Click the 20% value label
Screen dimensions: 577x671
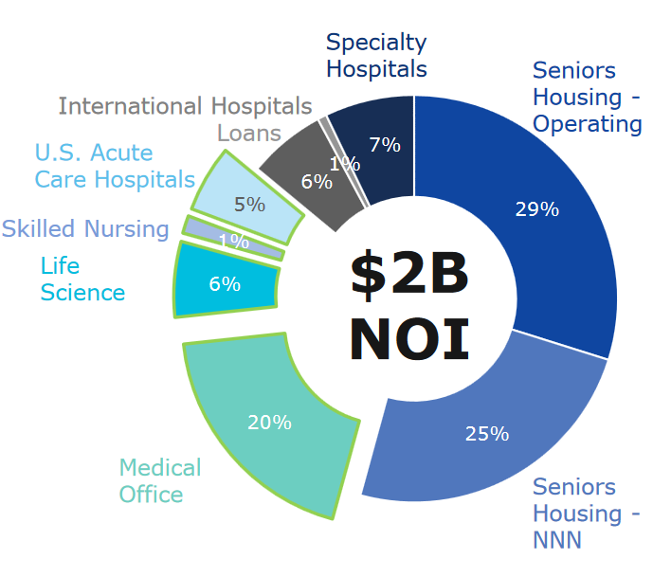click(x=269, y=423)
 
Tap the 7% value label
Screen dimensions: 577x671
click(x=385, y=145)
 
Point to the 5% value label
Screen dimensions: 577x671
click(x=249, y=203)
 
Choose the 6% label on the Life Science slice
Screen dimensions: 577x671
click(x=225, y=283)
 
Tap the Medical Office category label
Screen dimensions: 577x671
click(x=159, y=480)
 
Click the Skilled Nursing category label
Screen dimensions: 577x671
click(x=85, y=228)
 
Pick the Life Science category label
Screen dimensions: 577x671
click(x=82, y=279)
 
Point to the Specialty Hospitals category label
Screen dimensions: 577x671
click(x=376, y=55)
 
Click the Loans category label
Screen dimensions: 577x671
click(x=249, y=132)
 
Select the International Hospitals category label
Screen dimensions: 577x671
click(x=185, y=105)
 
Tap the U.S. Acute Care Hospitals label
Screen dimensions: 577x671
click(x=115, y=166)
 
